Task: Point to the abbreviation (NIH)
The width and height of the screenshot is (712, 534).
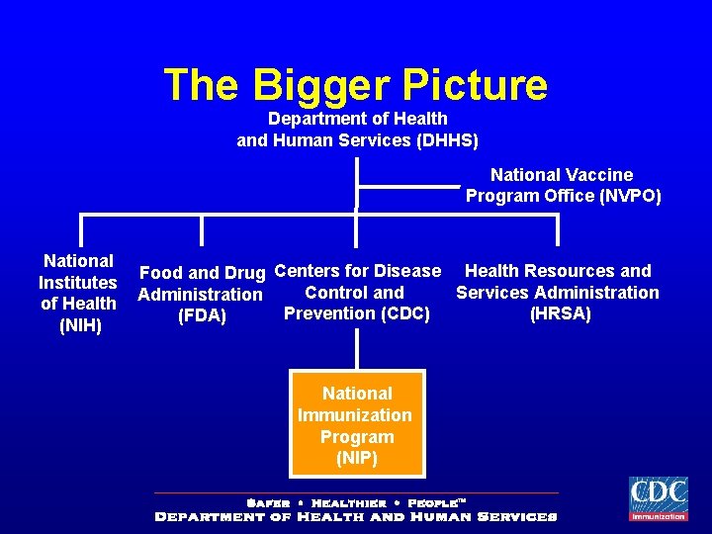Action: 80,325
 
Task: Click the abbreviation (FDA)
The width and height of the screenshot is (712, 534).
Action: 202,316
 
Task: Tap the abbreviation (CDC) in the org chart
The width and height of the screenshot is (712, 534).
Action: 404,314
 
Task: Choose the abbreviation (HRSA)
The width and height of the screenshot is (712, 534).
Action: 560,314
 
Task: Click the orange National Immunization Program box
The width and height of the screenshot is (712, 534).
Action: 357,423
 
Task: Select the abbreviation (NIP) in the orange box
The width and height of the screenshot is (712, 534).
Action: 357,459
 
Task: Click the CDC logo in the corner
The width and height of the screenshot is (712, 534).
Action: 659,498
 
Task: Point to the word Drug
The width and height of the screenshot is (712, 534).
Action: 244,272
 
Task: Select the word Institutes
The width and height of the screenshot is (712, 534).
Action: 78,283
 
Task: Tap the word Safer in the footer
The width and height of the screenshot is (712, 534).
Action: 267,503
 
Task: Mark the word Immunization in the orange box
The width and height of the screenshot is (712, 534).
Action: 355,415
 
